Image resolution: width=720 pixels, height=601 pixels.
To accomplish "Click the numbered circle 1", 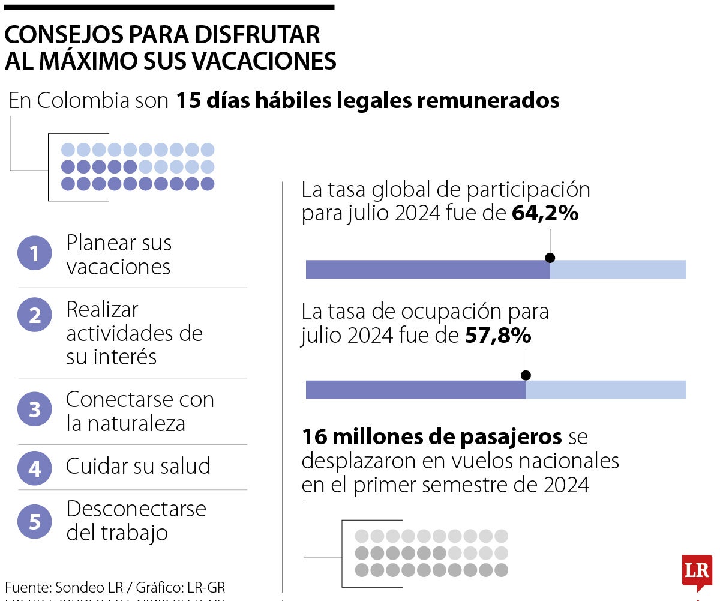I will coord(35,254).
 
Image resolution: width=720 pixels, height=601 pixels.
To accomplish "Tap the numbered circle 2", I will coord(35,315).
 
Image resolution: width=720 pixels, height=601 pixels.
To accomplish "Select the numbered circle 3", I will coord(35,410).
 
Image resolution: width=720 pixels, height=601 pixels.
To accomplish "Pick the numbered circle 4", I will coord(35,468).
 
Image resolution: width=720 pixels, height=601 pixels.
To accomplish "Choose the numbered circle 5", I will coord(35,521).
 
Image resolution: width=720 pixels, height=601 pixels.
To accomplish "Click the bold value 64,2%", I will coord(545,214).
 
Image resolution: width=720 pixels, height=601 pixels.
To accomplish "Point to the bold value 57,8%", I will coord(498,336).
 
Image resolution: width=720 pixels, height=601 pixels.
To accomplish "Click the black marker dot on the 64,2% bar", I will coord(550,258).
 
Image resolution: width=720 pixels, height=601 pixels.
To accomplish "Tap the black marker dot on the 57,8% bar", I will coord(526,375).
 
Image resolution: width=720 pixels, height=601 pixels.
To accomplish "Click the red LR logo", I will coord(697,571).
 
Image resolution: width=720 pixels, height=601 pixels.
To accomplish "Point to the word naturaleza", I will coord(136,424).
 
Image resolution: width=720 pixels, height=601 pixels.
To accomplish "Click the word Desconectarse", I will coord(136,509).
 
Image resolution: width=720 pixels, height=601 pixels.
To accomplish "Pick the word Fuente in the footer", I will coord(28,587).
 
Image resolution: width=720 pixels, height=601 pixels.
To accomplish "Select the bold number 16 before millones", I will coord(314,436).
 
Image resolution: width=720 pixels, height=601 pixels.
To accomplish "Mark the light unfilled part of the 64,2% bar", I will coord(618,270).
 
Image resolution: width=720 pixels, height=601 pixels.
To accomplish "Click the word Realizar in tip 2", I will coord(102,310).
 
